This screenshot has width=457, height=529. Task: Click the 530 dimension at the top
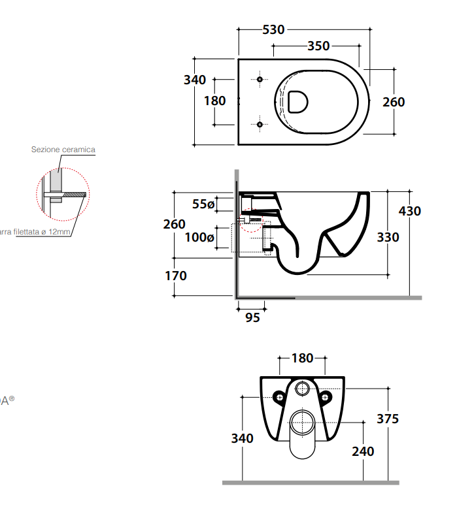273,29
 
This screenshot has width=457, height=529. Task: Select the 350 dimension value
318,46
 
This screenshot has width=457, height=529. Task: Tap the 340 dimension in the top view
195,80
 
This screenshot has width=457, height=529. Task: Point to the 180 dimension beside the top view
214,101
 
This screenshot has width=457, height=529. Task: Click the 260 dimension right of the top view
394,102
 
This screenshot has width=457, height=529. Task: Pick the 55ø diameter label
203,204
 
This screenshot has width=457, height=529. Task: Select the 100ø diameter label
199,238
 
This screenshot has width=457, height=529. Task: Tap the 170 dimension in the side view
176,276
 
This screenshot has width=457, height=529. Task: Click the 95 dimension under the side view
252,317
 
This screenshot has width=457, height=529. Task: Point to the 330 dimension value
388,237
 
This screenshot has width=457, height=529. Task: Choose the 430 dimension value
410,211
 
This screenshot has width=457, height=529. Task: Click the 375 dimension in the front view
388,419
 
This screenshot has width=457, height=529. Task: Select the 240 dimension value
363,451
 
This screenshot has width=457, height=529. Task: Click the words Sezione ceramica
63,150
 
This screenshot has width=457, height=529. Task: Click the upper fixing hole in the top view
260,80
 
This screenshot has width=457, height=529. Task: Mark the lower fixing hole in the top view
260,123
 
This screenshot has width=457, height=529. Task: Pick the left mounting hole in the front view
279,396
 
